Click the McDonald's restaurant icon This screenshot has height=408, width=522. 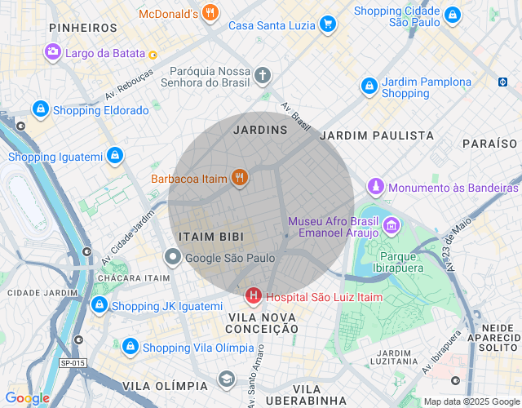point(210,13)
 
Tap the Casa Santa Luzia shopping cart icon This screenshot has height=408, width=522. point(328,24)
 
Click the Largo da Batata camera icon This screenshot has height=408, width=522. point(53,52)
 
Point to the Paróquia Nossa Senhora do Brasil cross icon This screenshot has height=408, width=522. point(262,77)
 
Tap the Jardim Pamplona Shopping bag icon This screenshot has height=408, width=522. point(369,85)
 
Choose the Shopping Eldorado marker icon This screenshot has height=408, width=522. point(40,109)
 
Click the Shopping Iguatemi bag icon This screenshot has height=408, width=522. point(115,155)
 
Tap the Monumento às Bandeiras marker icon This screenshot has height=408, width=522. point(375,186)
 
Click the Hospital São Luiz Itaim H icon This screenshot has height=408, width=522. point(254,295)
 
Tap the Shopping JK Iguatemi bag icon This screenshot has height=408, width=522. point(99,305)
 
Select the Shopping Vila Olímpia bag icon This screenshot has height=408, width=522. point(130,347)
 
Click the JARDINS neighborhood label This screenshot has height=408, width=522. point(260,130)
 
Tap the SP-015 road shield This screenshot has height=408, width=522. point(73,363)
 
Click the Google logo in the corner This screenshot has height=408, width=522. point(27,398)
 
